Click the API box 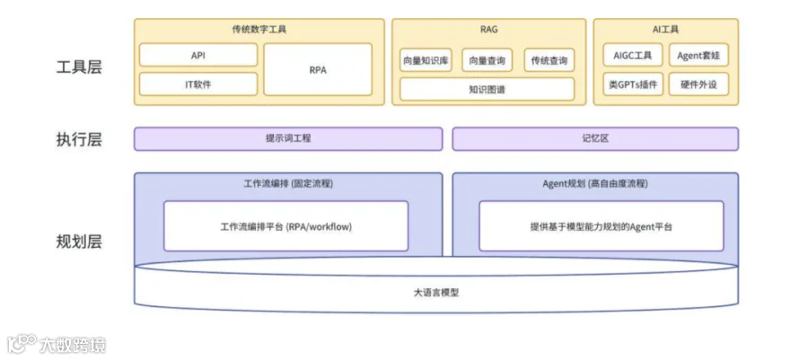[x=198, y=56]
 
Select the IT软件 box [x=198, y=84]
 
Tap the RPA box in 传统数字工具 [x=318, y=69]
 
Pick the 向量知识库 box [x=426, y=60]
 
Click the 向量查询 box [x=487, y=60]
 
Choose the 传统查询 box [x=549, y=60]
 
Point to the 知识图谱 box [x=487, y=89]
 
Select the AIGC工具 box [x=631, y=56]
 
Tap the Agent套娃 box [x=699, y=56]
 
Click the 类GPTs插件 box [x=631, y=84]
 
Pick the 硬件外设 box [x=699, y=84]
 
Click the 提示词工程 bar [x=288, y=139]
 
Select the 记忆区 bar [x=595, y=139]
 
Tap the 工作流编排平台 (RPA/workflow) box [x=285, y=226]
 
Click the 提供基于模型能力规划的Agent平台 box [x=601, y=226]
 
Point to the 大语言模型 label [x=436, y=293]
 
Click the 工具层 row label [x=79, y=67]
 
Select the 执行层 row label [x=79, y=139]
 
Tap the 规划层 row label [x=79, y=241]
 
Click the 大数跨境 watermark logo [x=56, y=344]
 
